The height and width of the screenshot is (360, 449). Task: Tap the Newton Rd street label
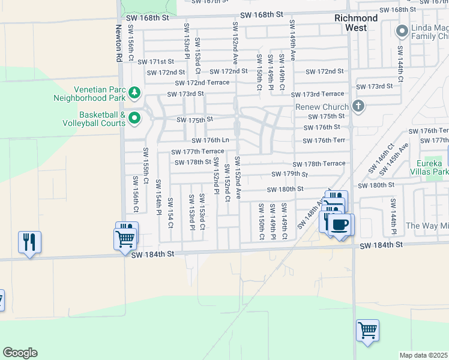tap(118, 43)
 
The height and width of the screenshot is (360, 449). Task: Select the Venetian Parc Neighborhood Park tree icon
tap(134, 92)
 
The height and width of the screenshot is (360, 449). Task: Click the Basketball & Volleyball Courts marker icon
tap(134, 118)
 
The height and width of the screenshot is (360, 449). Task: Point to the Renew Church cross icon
tap(358, 107)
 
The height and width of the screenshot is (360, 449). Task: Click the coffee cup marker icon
tap(340, 225)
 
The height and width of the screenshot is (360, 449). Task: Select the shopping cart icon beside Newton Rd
tap(125, 239)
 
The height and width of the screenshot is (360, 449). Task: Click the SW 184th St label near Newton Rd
tap(153, 254)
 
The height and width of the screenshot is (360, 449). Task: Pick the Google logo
tap(20, 353)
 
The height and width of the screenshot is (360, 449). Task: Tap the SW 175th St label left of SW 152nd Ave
tap(194, 119)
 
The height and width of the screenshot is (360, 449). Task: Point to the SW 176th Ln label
tap(211, 140)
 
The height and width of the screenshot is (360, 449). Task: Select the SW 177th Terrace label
tap(197, 152)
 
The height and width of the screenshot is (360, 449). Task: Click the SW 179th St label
tap(289, 174)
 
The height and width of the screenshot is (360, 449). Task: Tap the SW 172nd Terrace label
tap(202, 83)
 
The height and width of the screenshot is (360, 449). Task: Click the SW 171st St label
tap(155, 62)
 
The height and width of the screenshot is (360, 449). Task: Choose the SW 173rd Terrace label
tap(318, 94)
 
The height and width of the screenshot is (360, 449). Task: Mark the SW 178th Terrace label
tap(319, 163)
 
